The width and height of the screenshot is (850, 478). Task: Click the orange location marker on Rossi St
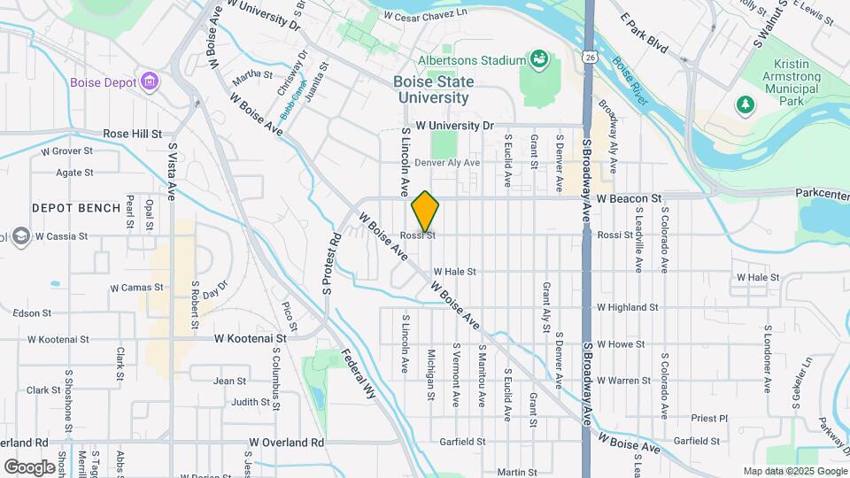pos(425,212)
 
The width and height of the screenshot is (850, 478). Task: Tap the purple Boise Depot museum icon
pos(150,82)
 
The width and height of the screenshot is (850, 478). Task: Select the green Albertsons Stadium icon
pos(537,60)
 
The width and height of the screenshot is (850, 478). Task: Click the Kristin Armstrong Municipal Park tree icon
pos(746,105)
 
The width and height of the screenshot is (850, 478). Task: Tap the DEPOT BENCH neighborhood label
pos(76,208)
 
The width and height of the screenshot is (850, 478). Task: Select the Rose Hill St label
pos(133,134)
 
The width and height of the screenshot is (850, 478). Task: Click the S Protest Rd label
pos(331,263)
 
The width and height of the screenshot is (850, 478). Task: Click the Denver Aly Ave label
pos(446,163)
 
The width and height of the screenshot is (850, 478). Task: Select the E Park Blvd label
pos(644,32)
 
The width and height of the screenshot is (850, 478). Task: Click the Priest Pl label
pos(709,418)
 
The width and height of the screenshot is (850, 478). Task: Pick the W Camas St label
pos(132,287)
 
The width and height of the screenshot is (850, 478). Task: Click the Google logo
pos(29,466)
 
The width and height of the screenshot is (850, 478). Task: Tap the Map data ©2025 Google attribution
pos(793,471)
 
